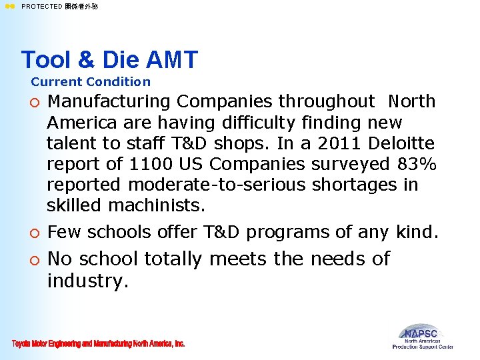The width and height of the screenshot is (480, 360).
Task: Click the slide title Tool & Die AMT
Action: (109, 60)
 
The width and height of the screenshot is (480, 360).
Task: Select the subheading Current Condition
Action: (91, 82)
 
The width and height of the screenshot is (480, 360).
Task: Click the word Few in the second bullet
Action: (65, 232)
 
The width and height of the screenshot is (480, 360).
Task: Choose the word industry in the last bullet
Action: (87, 281)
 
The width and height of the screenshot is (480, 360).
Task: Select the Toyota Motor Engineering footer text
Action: (98, 344)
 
